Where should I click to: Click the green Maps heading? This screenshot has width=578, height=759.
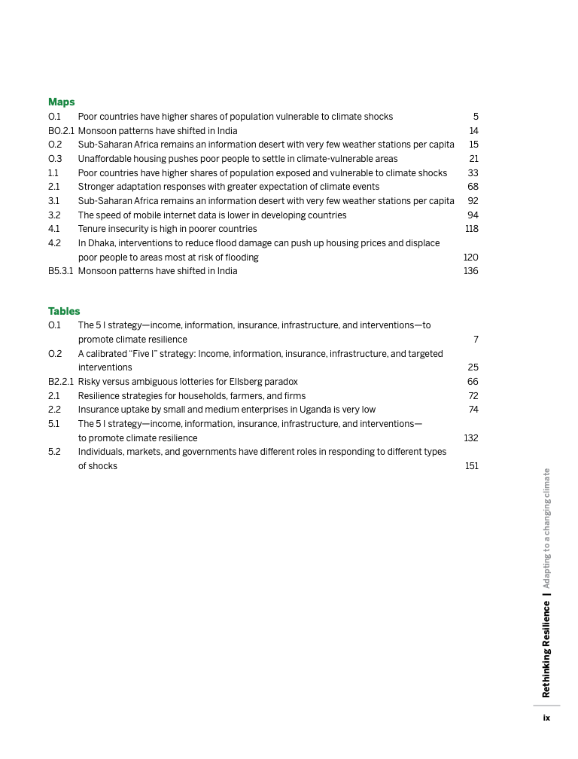pos(61,102)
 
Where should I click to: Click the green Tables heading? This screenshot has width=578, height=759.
pos(64,311)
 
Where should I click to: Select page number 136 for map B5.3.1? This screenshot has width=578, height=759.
pos(470,271)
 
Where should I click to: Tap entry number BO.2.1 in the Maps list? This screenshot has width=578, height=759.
pos(61,131)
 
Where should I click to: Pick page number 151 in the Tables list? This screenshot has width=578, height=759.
pos(471,466)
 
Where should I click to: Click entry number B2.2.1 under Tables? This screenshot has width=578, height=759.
pos(61,382)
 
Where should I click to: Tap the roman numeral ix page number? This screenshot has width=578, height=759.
pos(547,718)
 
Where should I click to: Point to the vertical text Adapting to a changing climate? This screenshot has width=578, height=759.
pos(546,529)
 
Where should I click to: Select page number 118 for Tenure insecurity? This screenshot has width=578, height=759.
pos(471,229)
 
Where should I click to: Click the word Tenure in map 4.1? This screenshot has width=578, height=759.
pos(92,229)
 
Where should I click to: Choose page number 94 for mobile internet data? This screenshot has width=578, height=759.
pos(473,215)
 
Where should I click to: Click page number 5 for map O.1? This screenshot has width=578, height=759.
pos(476,117)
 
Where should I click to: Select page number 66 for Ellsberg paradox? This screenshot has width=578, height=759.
pos(473,382)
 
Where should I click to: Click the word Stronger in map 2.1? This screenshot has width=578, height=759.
pos(96,187)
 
